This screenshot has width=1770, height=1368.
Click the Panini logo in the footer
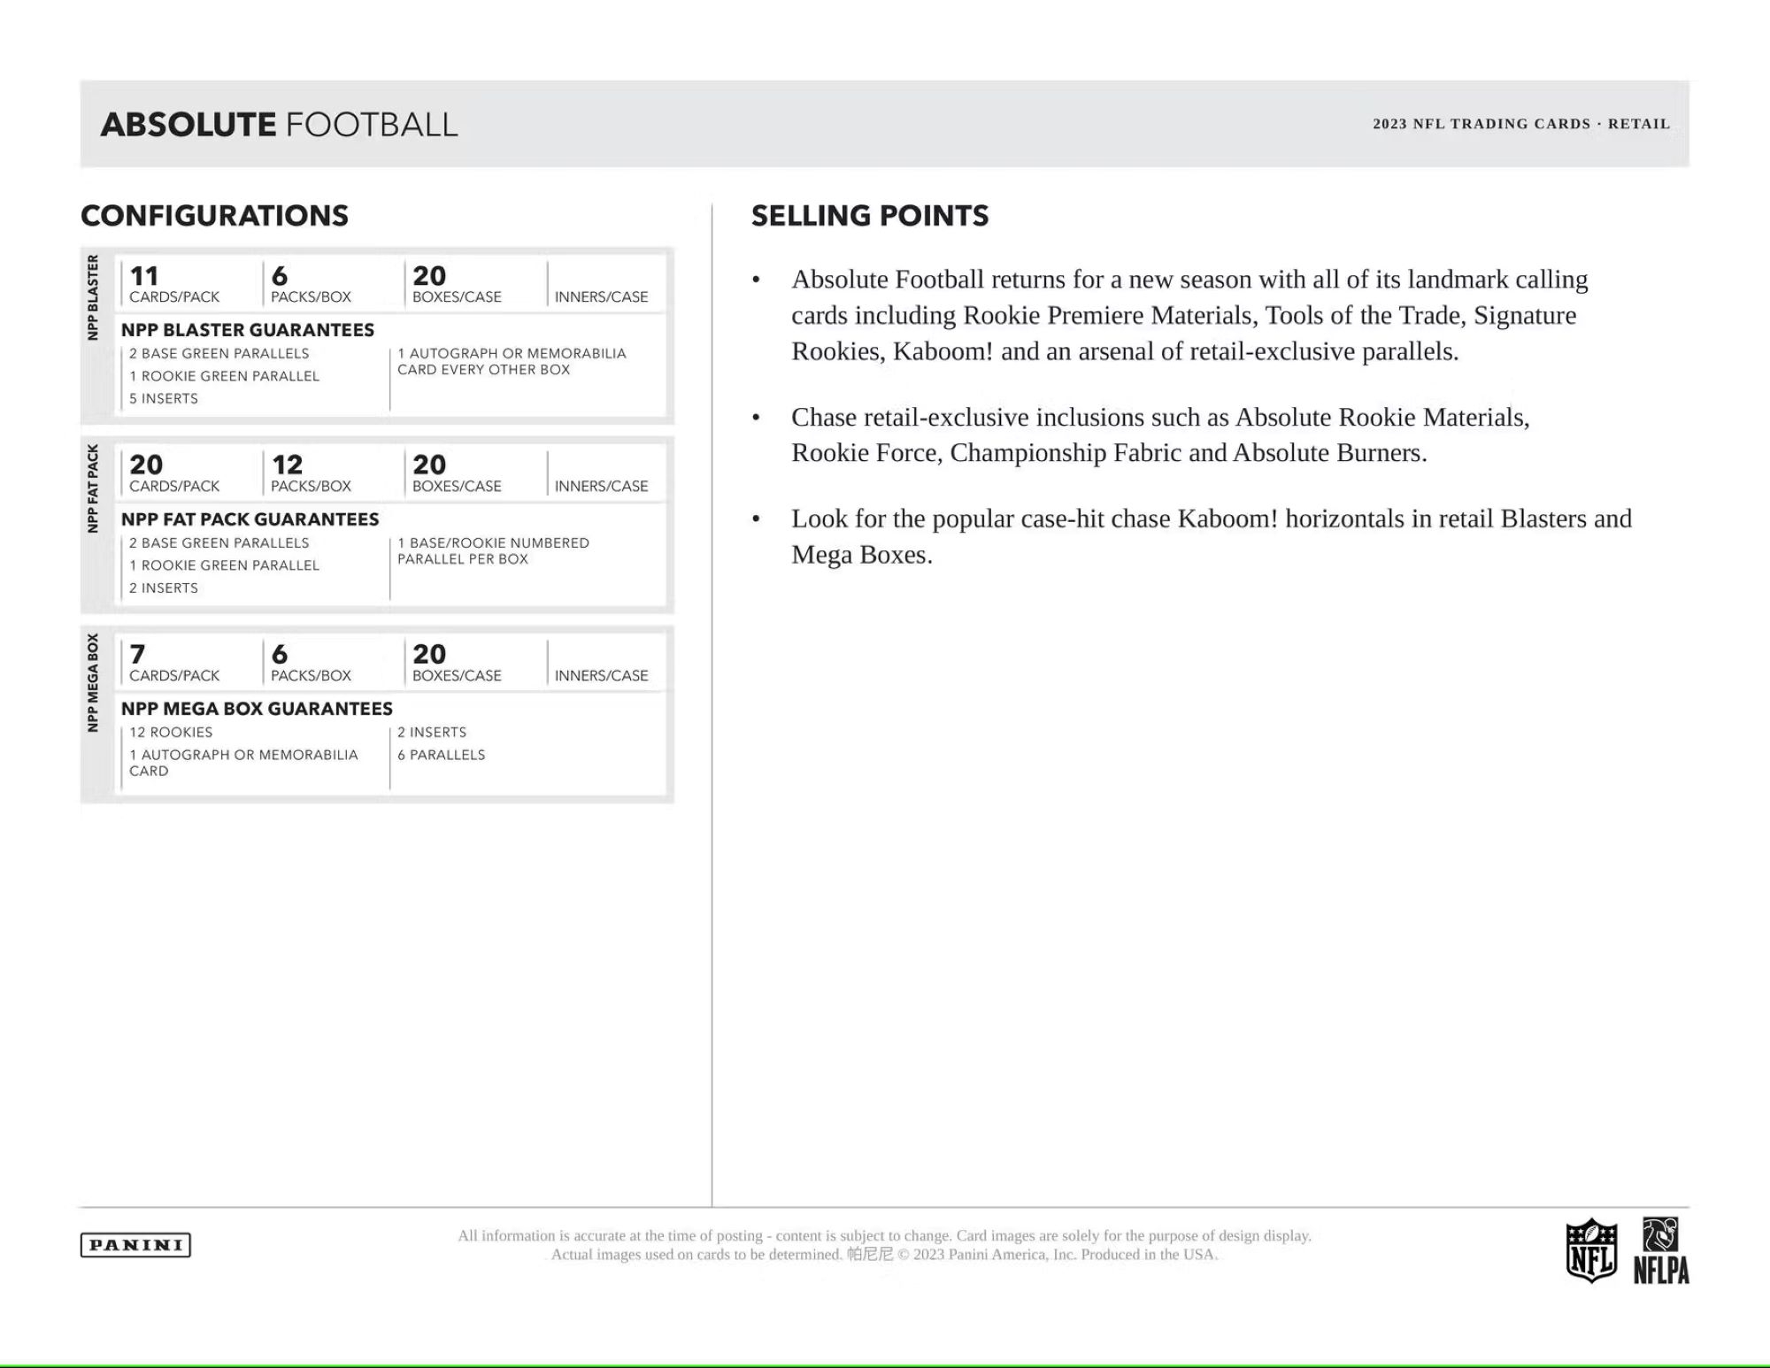[x=135, y=1245]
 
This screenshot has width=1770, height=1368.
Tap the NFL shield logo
[x=1590, y=1250]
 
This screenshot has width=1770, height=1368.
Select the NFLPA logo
[x=1661, y=1251]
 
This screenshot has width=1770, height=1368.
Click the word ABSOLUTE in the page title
[x=189, y=125]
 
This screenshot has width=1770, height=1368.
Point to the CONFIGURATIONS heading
[x=214, y=216]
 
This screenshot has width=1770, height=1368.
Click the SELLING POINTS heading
[x=870, y=216]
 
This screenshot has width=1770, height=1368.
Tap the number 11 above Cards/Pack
[x=144, y=276]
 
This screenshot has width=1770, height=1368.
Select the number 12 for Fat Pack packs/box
[x=287, y=465]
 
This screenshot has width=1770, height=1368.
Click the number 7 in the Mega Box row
[x=137, y=655]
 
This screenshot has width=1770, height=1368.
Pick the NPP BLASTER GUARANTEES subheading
[x=248, y=330]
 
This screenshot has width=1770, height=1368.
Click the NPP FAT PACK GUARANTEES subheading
[x=250, y=519]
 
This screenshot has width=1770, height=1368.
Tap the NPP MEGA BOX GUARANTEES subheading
[x=257, y=709]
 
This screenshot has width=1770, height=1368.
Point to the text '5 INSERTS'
[x=164, y=399]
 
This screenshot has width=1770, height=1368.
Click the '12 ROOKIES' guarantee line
[x=171, y=733]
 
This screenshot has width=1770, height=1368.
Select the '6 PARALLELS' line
[x=441, y=755]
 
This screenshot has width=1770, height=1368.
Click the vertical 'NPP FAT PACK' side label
[x=93, y=488]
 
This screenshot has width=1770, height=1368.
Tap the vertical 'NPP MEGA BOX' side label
[x=93, y=682]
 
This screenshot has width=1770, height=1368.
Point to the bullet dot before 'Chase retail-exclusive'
[x=756, y=418]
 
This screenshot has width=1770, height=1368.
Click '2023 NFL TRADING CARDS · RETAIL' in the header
[x=1521, y=124]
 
